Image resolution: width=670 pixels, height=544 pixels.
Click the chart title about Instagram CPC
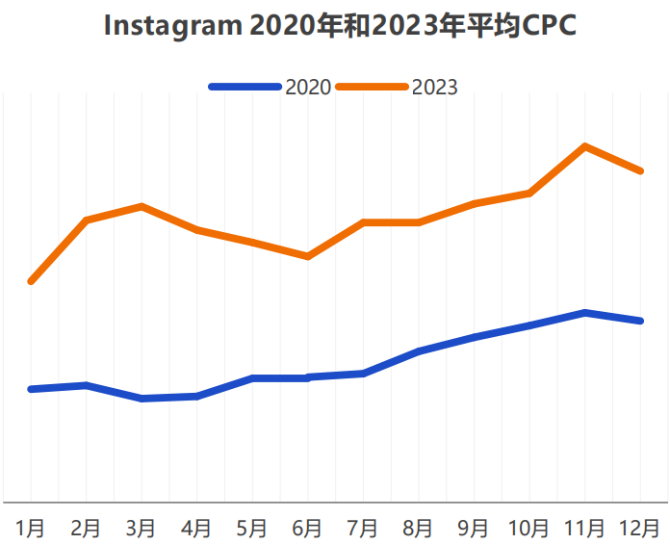pyautogui.click(x=340, y=26)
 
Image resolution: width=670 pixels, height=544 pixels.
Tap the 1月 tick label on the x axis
pyautogui.click(x=31, y=528)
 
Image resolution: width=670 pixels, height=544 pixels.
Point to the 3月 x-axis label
pyautogui.click(x=142, y=528)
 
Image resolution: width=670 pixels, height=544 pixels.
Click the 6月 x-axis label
pyautogui.click(x=307, y=528)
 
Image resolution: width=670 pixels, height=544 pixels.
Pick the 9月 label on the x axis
pyautogui.click(x=474, y=528)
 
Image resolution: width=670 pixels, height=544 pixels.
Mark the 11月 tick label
pyautogui.click(x=584, y=528)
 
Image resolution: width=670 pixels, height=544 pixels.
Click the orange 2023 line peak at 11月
pyautogui.click(x=584, y=146)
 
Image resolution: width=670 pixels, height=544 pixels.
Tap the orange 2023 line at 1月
pyautogui.click(x=32, y=281)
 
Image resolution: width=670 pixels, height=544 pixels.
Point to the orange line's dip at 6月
pyautogui.click(x=307, y=256)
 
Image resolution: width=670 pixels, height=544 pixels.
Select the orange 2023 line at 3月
pyautogui.click(x=142, y=206)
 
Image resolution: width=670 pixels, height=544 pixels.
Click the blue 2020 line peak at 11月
pyautogui.click(x=584, y=313)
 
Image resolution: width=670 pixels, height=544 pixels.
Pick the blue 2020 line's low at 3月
pyautogui.click(x=142, y=398)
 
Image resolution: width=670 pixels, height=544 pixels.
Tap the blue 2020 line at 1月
pyautogui.click(x=32, y=389)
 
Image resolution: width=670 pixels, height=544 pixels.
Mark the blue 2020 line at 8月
pyautogui.click(x=419, y=351)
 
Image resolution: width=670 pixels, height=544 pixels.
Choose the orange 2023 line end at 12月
pyautogui.click(x=640, y=170)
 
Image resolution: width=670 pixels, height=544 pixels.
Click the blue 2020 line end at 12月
pyautogui.click(x=640, y=321)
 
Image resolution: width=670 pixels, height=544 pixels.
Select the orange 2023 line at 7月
pyautogui.click(x=363, y=222)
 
